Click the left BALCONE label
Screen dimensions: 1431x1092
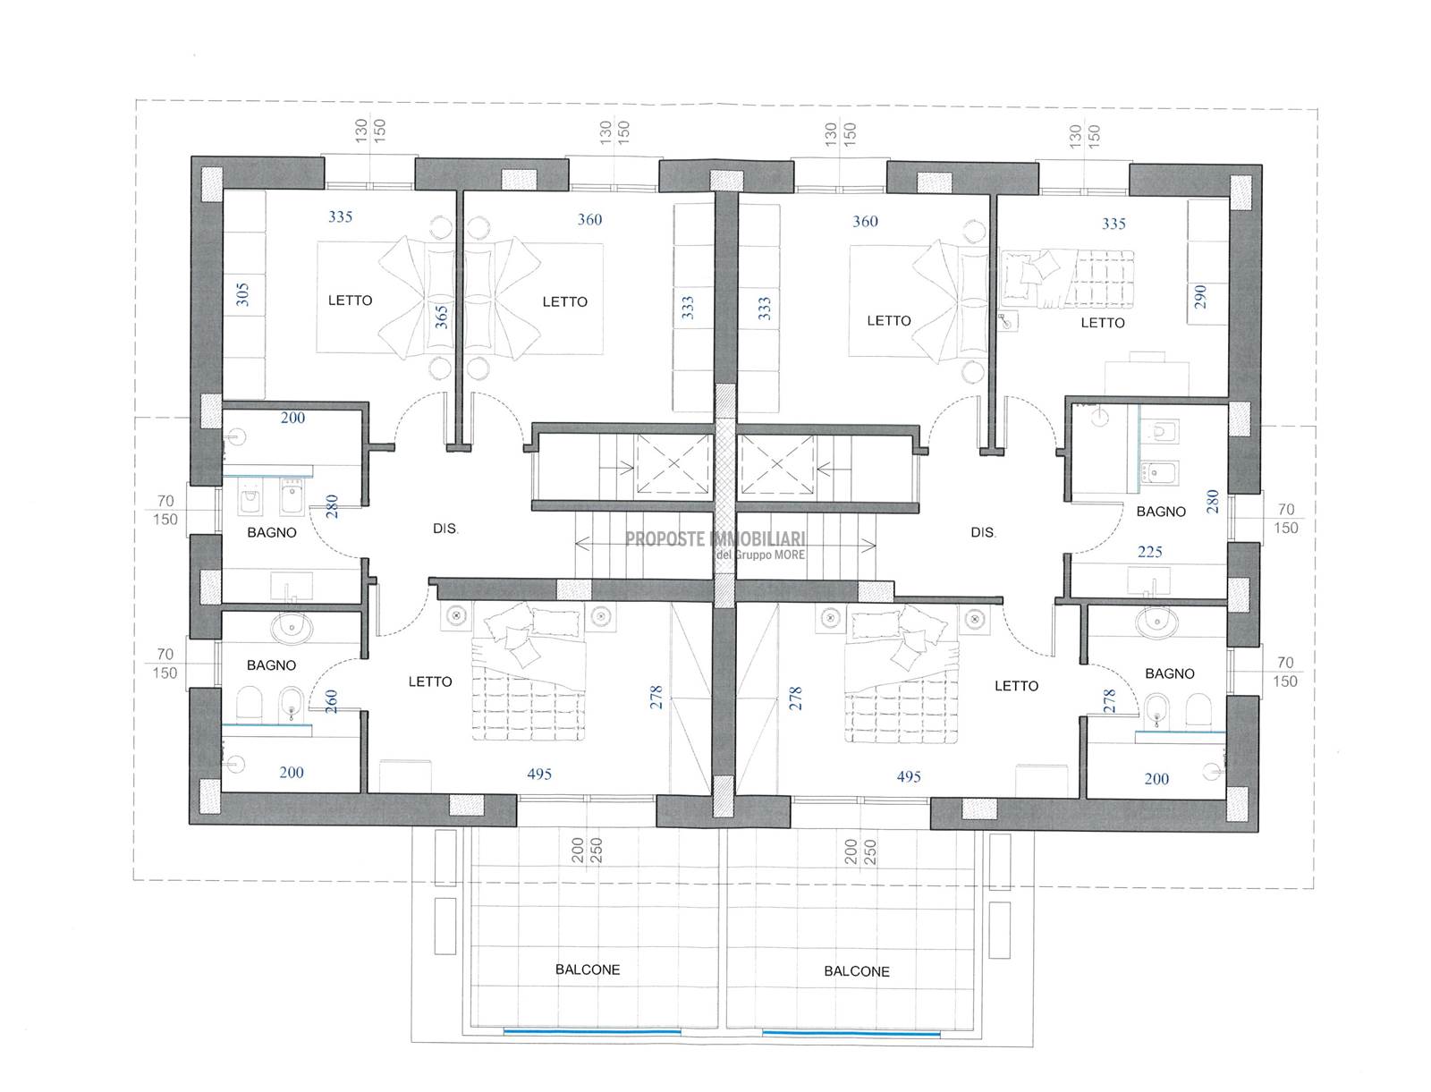(588, 969)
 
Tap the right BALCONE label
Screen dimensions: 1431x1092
(857, 971)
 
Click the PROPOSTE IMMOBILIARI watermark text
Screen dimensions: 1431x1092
(715, 538)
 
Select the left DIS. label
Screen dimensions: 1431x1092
(445, 529)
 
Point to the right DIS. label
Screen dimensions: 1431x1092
(983, 533)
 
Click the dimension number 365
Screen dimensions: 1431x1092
(441, 317)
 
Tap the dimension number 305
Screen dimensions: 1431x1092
(241, 294)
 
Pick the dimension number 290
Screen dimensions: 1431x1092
(1200, 297)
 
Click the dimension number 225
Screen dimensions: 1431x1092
(1150, 552)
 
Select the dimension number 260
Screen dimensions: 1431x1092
(331, 701)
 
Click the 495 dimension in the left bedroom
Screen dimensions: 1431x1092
(539, 774)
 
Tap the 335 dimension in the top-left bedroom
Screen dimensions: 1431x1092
(341, 216)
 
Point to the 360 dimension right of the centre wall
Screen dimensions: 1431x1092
(865, 222)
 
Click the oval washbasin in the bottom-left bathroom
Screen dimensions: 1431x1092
(291, 628)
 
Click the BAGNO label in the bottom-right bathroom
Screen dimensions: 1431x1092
(1170, 673)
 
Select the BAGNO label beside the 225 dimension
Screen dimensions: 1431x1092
(1160, 512)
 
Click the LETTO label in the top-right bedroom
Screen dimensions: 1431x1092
(1103, 323)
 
